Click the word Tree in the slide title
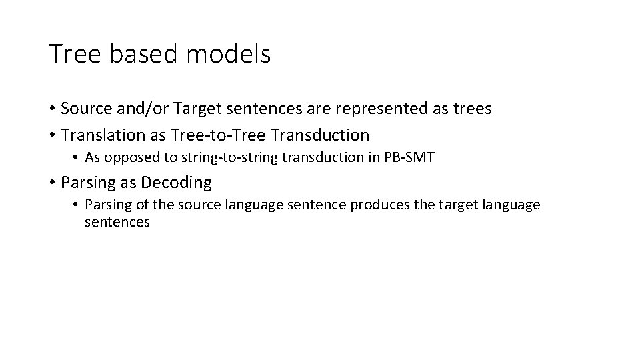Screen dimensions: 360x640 [74, 54]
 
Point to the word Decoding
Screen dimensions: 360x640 [177, 182]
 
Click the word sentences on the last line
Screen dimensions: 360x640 [117, 222]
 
